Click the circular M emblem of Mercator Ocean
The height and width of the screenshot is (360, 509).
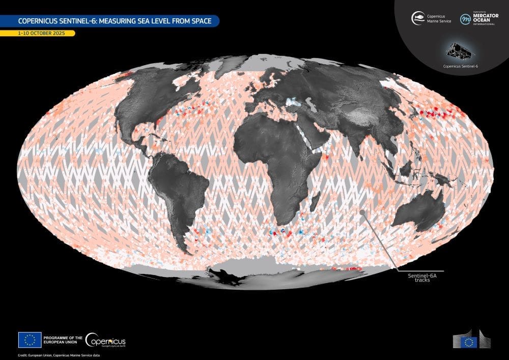point(465,19)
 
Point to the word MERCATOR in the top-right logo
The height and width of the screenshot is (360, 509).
point(486,15)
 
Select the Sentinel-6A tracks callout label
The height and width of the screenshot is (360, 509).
point(419,278)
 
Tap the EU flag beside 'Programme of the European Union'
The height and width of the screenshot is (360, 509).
point(30,340)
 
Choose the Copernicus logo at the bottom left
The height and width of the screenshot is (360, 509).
point(105,340)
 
